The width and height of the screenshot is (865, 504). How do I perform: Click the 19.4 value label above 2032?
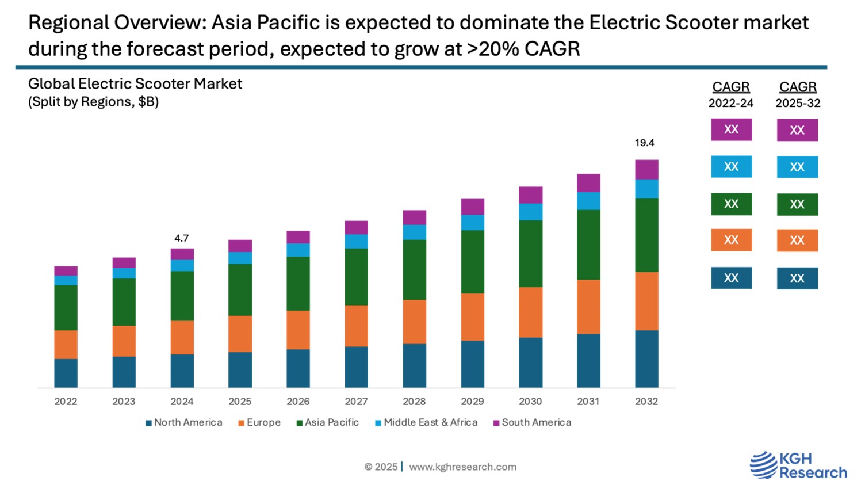click(644, 143)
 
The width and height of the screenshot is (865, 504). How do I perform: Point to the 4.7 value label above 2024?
click(181, 238)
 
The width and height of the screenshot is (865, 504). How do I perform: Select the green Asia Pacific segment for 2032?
click(646, 235)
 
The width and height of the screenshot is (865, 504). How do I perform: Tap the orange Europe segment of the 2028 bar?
click(414, 322)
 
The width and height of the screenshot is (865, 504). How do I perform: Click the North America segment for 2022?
click(66, 373)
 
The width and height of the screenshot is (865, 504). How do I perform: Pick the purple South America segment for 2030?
click(530, 195)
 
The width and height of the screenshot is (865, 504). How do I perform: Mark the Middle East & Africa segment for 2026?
click(298, 250)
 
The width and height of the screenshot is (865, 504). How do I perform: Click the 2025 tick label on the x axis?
click(240, 402)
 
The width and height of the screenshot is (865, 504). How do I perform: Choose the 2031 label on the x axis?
click(588, 402)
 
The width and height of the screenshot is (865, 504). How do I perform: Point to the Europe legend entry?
click(259, 422)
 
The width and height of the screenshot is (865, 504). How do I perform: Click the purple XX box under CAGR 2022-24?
click(731, 129)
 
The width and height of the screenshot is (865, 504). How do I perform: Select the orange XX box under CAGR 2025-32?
click(797, 240)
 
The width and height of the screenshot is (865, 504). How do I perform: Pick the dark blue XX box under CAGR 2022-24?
click(731, 278)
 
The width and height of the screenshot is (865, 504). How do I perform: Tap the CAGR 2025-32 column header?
click(798, 94)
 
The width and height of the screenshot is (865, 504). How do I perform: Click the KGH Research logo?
click(798, 465)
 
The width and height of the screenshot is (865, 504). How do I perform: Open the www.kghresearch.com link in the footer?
click(462, 467)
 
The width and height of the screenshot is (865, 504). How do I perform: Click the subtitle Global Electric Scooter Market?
click(135, 84)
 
